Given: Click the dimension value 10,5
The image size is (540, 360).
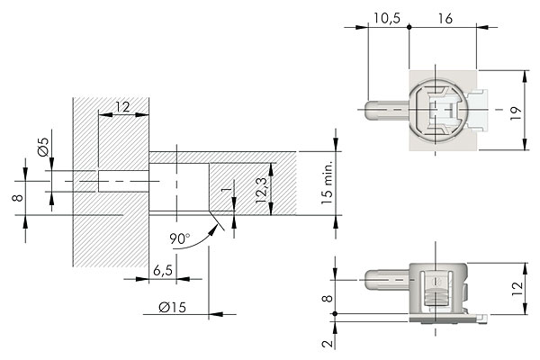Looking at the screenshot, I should coord(388,16).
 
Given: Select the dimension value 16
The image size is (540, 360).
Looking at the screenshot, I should coord(445,16).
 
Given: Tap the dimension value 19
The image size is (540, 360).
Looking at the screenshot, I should coord(514,112).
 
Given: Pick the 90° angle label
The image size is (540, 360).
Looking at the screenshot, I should coord(180,239).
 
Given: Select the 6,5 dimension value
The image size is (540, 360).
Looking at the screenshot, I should coord(162,270).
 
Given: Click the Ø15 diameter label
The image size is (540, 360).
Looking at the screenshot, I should coord(171,308).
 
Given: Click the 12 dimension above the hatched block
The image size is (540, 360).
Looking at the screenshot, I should coord(121,106).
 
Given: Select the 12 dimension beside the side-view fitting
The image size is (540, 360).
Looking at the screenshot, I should coord(514,287).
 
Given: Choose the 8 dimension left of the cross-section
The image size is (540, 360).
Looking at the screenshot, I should coord(17,197).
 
